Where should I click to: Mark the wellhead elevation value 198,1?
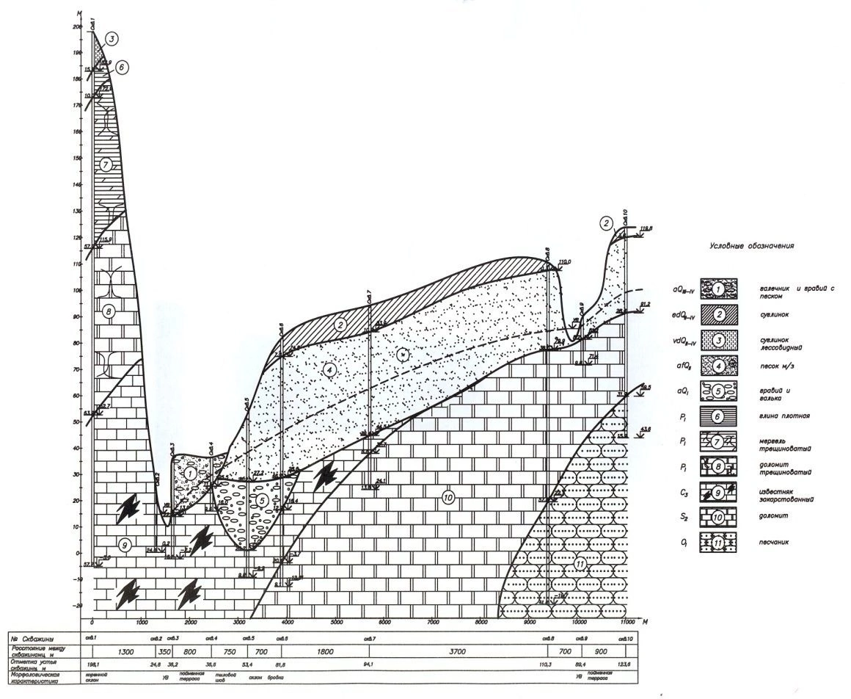click(x=93, y=664)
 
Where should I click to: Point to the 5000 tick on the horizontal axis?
click(x=336, y=623)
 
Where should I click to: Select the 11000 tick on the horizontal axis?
click(x=627, y=623)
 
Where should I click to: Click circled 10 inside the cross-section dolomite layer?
click(x=449, y=498)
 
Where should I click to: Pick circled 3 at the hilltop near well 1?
click(x=111, y=38)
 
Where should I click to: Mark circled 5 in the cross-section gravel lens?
click(x=261, y=500)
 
